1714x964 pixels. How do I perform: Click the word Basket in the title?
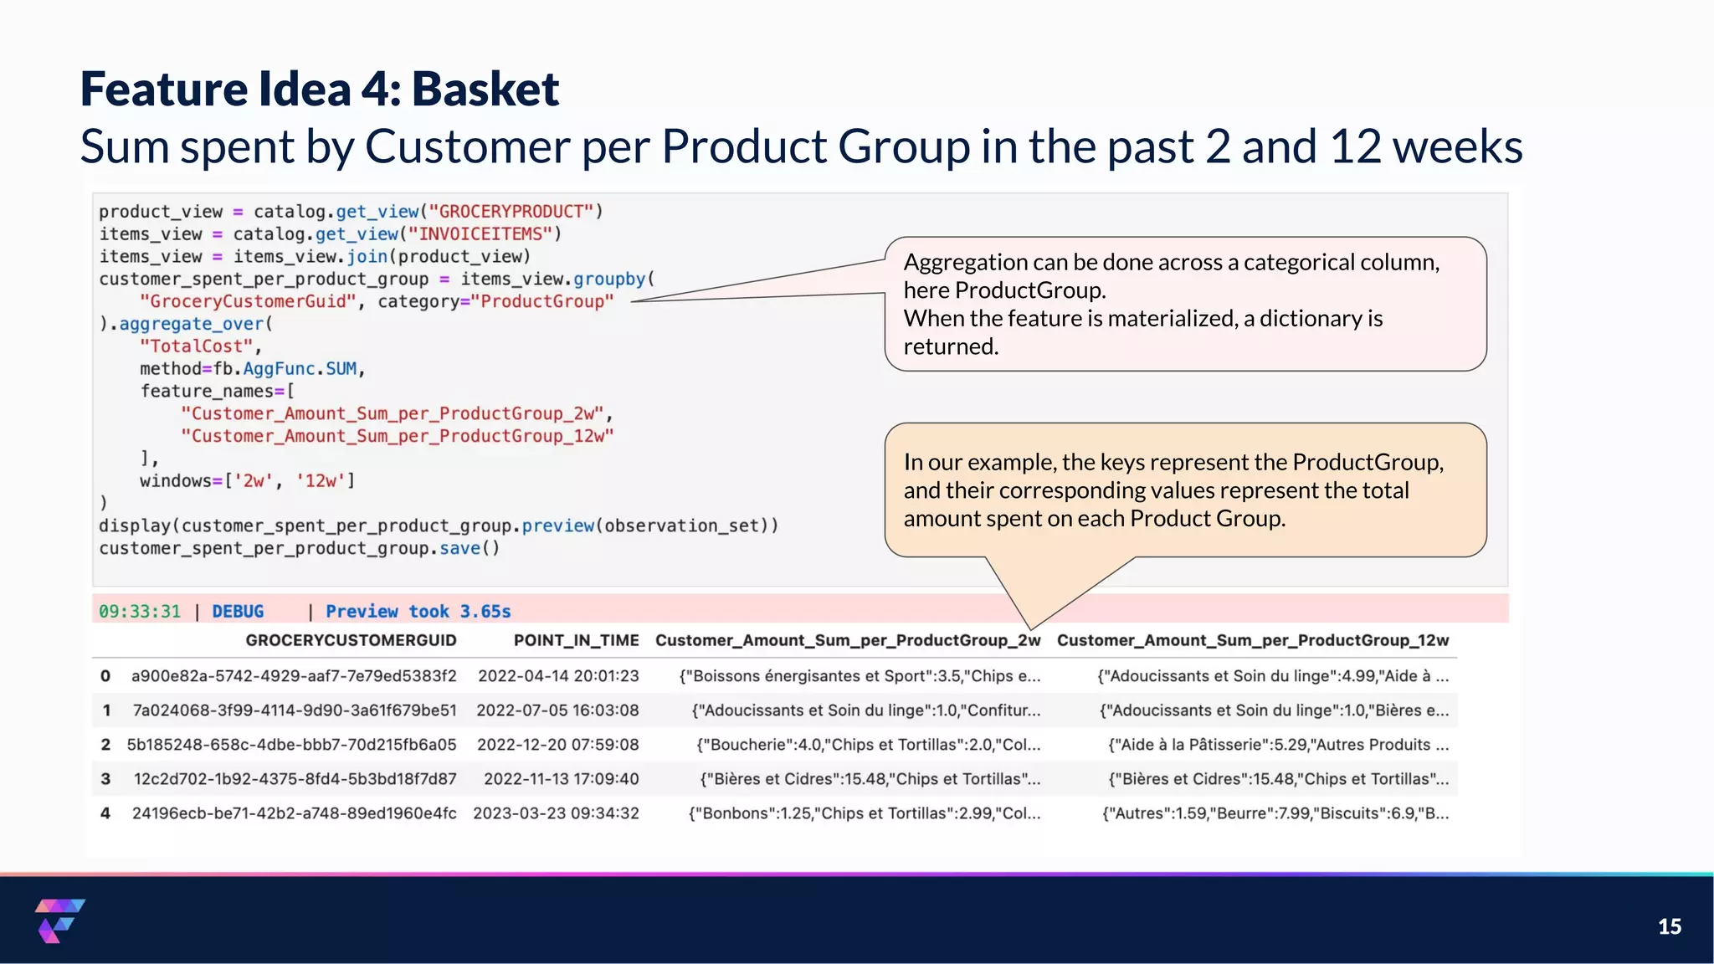(485, 89)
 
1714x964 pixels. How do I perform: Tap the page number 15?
(1669, 926)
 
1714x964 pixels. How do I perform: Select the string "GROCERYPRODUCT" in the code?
(511, 212)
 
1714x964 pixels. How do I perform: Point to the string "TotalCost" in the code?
(197, 346)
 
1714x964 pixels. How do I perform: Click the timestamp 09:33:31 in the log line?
(140, 612)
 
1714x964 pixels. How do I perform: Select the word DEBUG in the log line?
(238, 612)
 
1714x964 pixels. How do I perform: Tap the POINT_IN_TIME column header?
(576, 640)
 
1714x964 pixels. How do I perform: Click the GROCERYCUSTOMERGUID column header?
(351, 640)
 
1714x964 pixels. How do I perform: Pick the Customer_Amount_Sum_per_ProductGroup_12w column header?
(1252, 640)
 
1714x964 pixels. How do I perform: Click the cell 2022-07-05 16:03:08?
(557, 710)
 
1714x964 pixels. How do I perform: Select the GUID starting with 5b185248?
(291, 745)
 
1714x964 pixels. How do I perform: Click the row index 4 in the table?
(105, 813)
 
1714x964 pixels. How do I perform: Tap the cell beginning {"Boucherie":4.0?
(868, 745)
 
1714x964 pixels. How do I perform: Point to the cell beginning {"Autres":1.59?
(1275, 813)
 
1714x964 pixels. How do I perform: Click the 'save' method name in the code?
(459, 548)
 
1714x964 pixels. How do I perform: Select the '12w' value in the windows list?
(321, 481)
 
